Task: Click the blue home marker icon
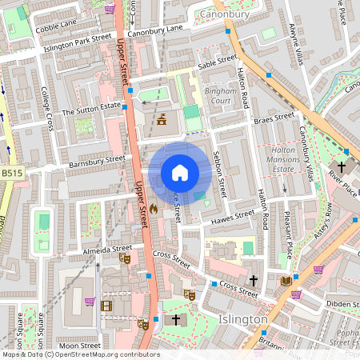tap(180, 173)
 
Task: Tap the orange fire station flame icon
tap(153, 207)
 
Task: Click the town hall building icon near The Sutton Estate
tap(162, 120)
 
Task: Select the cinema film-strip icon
tap(106, 305)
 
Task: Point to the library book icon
tap(286, 280)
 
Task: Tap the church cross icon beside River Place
tap(341, 167)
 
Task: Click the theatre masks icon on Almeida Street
tap(125, 258)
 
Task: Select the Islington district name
tap(242, 319)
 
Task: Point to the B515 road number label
tap(11, 173)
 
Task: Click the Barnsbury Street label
tap(98, 160)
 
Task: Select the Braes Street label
tap(274, 118)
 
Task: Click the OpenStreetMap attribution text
tap(80, 354)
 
